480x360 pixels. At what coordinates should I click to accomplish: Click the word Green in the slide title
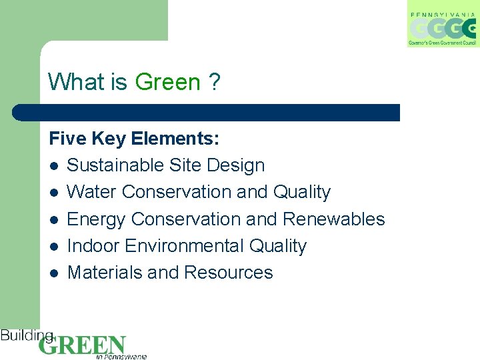[x=167, y=82]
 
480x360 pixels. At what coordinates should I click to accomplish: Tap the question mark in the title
[x=214, y=82]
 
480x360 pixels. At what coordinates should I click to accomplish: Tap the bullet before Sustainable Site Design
[x=53, y=166]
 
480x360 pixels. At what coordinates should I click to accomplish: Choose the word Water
[x=92, y=192]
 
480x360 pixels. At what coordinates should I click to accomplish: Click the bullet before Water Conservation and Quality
[x=53, y=193]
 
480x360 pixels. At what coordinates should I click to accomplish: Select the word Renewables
[x=334, y=219]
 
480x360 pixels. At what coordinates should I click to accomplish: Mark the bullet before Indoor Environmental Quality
[x=53, y=247]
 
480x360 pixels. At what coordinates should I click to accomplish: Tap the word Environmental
[x=186, y=246]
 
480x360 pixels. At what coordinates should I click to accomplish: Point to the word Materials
[x=105, y=273]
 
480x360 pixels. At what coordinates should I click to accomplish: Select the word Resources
[x=229, y=273]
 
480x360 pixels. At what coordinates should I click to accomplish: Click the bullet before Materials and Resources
[x=53, y=273]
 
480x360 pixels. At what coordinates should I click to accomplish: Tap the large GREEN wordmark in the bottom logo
[x=82, y=345]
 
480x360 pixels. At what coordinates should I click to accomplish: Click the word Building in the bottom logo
[x=27, y=335]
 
